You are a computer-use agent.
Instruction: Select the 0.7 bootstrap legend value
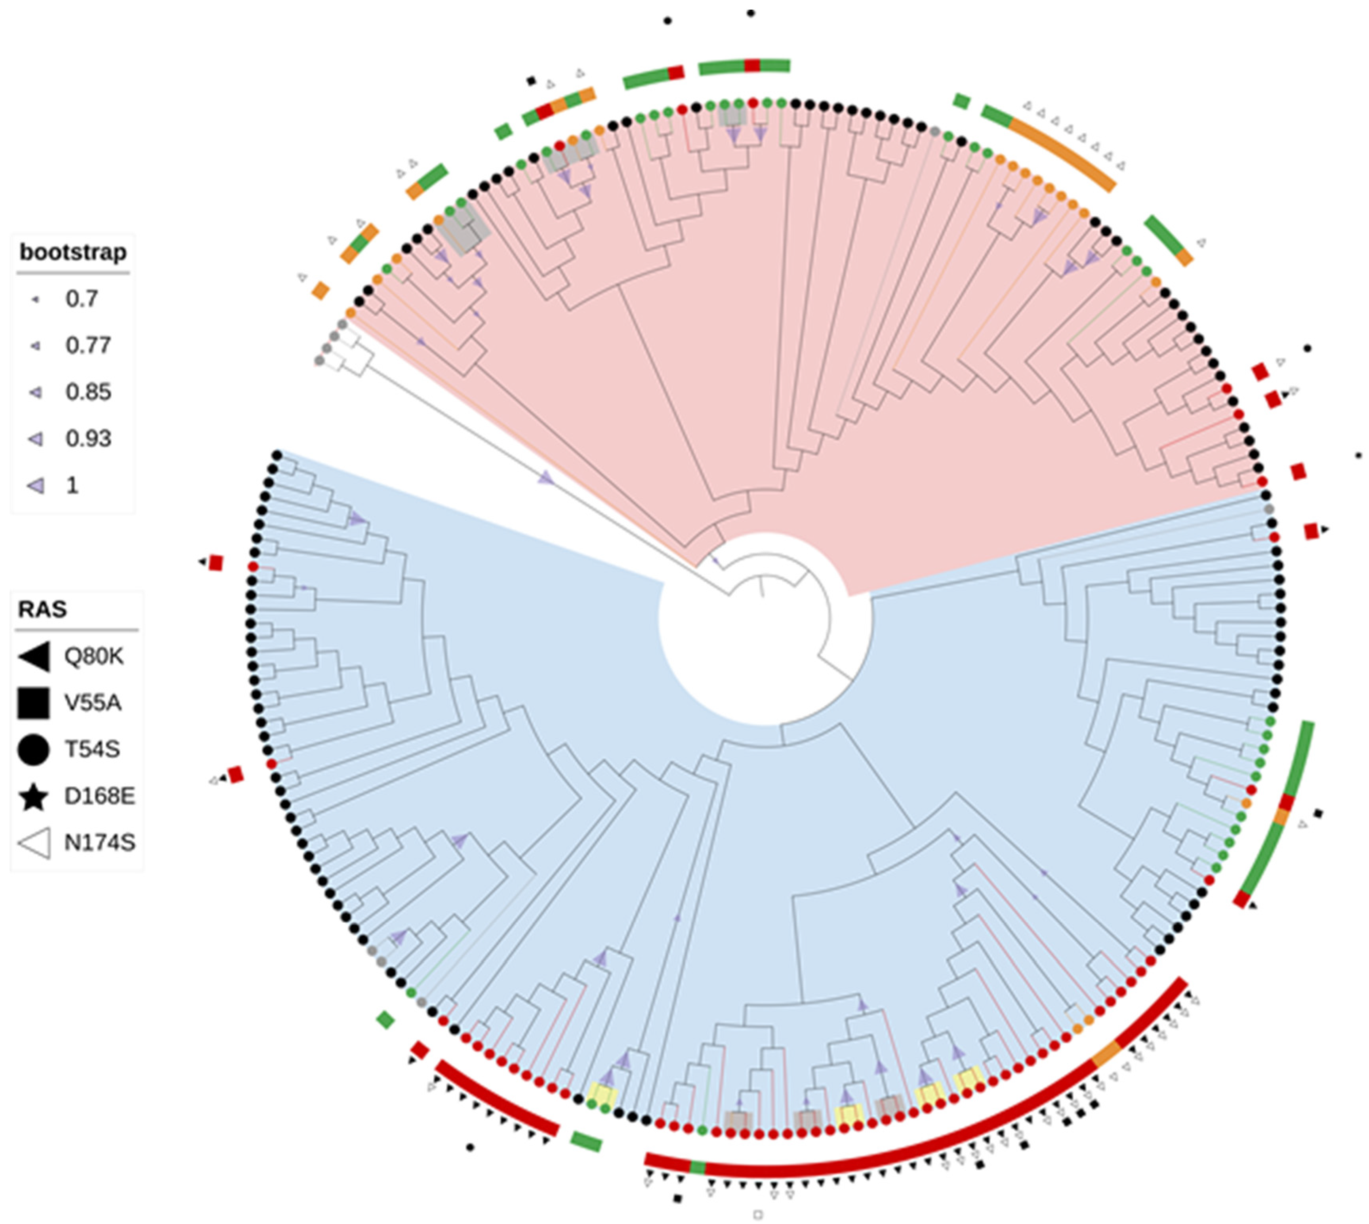[81, 299]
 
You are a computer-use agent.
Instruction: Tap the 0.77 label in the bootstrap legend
[88, 345]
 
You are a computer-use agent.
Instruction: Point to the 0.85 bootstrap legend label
[88, 391]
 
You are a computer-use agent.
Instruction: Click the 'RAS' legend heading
[42, 609]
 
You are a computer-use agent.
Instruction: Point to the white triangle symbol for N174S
[35, 843]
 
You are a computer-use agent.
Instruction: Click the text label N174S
[99, 843]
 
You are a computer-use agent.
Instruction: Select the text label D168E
[99, 796]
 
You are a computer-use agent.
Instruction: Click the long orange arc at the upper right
[1066, 155]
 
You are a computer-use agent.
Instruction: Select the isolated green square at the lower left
[385, 1020]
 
